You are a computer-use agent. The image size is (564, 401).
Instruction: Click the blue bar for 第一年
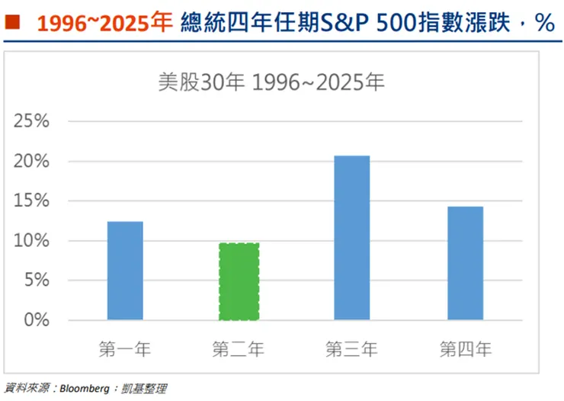[x=125, y=271]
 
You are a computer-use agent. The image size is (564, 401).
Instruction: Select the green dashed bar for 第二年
[x=238, y=281]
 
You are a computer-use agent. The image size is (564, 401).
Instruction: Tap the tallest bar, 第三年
[x=351, y=238]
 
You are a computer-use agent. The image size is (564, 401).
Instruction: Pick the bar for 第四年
[x=465, y=263]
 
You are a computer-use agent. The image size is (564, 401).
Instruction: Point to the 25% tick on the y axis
[x=31, y=122]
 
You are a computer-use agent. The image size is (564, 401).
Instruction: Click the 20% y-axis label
[x=31, y=162]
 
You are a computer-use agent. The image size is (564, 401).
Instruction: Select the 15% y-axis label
[x=31, y=201]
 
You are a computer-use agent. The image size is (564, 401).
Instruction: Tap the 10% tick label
[x=31, y=241]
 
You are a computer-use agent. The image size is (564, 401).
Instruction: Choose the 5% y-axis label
[x=35, y=281]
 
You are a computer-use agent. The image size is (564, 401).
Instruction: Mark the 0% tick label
[x=35, y=320]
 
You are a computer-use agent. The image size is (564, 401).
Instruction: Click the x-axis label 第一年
[x=125, y=350]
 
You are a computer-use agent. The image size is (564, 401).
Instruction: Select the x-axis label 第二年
[x=238, y=350]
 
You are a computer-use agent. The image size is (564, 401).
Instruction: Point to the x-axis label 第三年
[x=351, y=350]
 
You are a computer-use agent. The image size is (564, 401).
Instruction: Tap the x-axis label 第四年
[x=465, y=350]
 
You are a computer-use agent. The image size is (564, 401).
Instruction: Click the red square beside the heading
[x=11, y=22]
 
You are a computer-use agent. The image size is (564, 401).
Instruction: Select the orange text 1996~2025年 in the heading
[x=104, y=23]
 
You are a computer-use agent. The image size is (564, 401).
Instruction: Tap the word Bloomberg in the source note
[x=84, y=388]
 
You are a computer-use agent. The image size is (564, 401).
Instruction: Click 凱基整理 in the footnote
[x=145, y=388]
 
